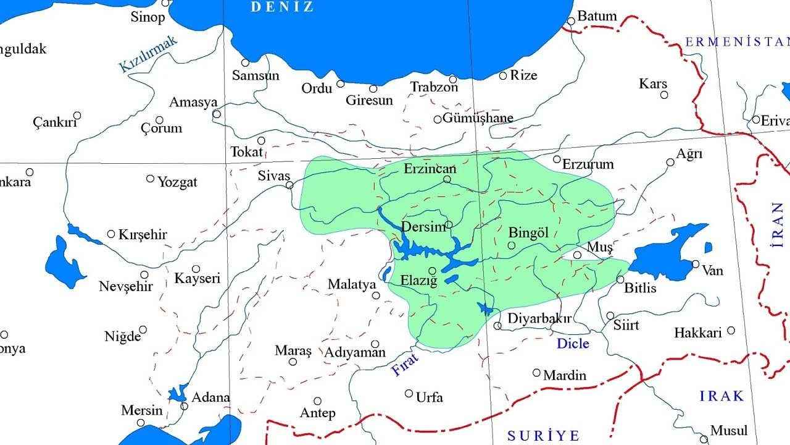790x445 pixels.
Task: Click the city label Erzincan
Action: point(430,169)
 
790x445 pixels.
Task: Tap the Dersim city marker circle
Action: point(449,224)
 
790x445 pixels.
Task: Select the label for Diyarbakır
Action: point(539,319)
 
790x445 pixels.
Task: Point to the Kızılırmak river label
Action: point(149,54)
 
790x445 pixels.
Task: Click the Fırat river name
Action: point(405,364)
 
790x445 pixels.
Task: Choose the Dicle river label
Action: point(573,344)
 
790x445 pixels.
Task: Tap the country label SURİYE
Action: point(544,436)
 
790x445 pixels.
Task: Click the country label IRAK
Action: point(721,396)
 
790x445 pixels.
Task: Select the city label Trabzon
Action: point(434,88)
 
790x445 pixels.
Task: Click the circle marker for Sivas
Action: point(289,184)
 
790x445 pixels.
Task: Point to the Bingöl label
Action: point(528,233)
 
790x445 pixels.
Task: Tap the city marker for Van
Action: point(696,264)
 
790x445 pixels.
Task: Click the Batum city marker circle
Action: point(571,21)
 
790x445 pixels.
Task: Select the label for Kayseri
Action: point(197,279)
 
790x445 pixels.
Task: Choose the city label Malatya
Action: point(352,285)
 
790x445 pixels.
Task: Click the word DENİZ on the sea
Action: point(282,7)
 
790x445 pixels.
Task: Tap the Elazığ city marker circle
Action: point(433,270)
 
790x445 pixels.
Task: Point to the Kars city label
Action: point(653,83)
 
